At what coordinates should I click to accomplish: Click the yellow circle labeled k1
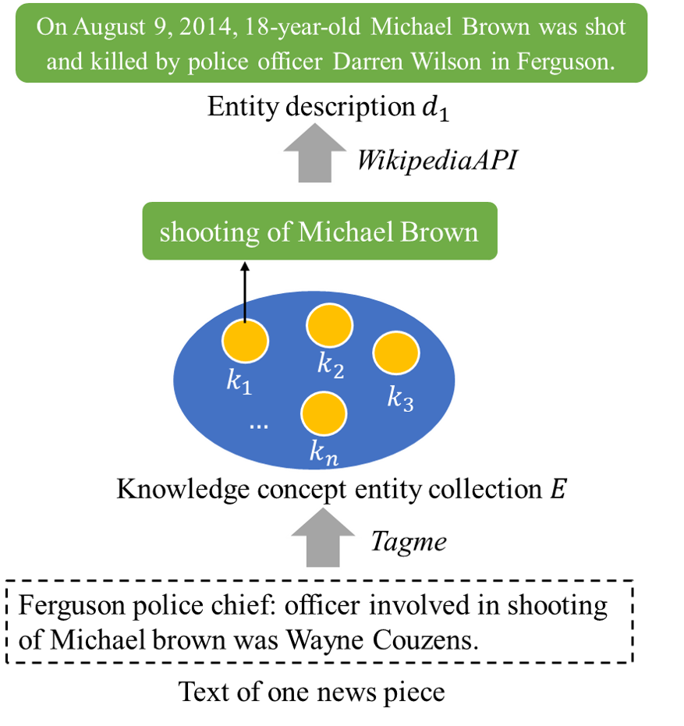pyautogui.click(x=245, y=341)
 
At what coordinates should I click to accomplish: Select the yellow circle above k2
pyautogui.click(x=330, y=326)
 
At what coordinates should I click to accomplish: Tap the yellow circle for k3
pyautogui.click(x=396, y=353)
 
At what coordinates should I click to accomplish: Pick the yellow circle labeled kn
pyautogui.click(x=324, y=413)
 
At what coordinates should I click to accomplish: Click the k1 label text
pyautogui.click(x=239, y=381)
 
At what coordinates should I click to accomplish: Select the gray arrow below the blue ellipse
pyautogui.click(x=323, y=537)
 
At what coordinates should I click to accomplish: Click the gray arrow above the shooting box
pyautogui.click(x=315, y=152)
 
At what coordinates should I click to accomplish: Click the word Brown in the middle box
pyautogui.click(x=441, y=232)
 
